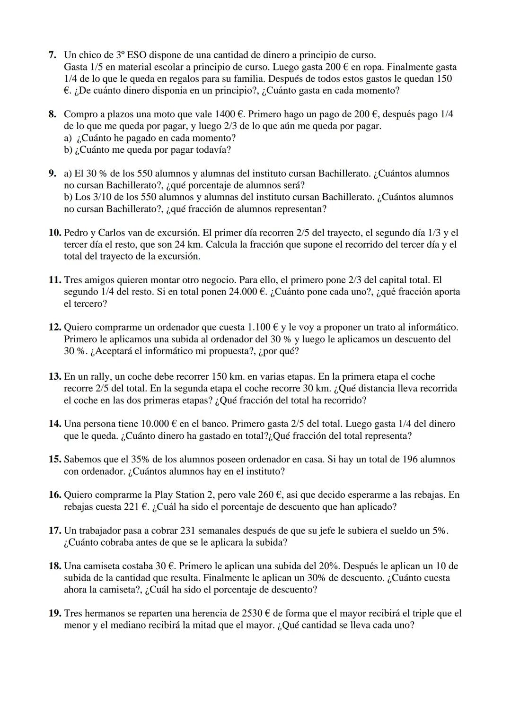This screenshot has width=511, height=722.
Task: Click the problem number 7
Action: pyautogui.click(x=53, y=55)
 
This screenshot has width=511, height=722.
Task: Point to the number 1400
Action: pyautogui.click(x=225, y=114)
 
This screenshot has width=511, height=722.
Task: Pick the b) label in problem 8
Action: pyautogui.click(x=69, y=150)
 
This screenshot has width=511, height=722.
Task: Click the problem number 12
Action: pyautogui.click(x=55, y=327)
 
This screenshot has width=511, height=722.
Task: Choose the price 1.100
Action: pyautogui.click(x=260, y=327)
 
